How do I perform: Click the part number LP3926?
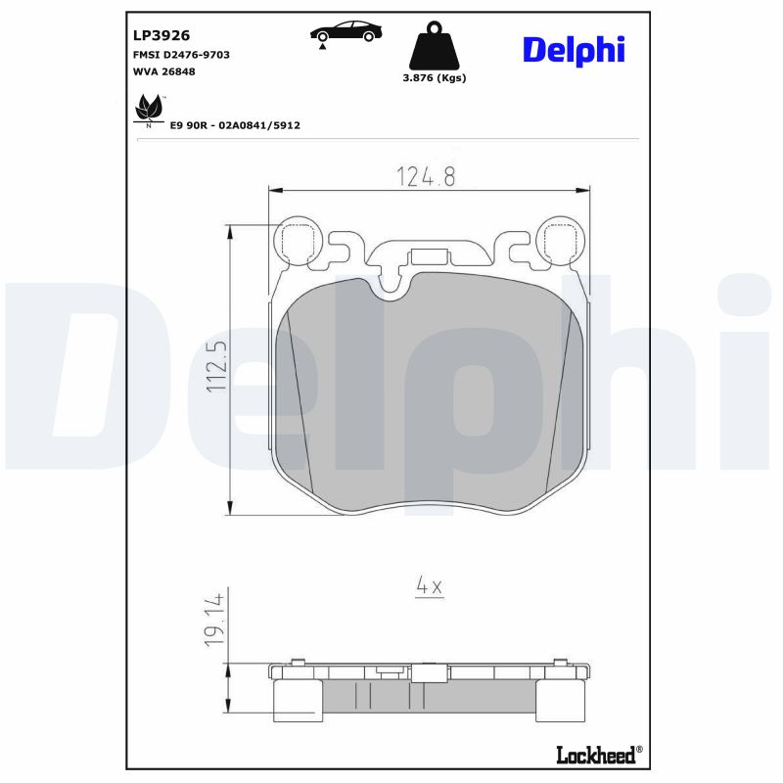161,34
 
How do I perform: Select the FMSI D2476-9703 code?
181,55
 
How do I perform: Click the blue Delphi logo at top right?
574,49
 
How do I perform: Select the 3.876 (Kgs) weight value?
435,78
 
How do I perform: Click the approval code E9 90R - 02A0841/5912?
235,125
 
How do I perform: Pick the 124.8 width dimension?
427,176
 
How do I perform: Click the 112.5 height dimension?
216,367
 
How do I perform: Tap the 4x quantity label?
430,585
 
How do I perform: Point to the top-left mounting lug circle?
297,240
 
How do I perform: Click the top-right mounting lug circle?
562,240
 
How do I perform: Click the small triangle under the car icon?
322,47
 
